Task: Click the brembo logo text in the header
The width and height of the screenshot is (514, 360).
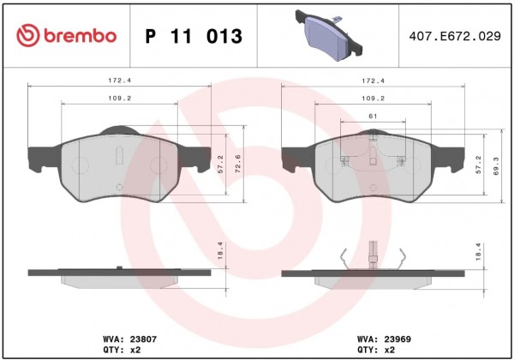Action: pos(80,35)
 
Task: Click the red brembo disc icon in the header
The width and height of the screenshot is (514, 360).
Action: pos(28,35)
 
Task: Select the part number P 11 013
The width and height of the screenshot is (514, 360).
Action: pos(194,36)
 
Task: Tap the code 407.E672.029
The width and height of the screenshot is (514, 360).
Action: pos(455,36)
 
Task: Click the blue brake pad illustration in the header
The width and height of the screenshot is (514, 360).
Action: pos(329,35)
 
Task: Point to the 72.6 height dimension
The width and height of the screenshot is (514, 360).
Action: pos(238,164)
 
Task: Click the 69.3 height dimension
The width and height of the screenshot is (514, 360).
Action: pos(496,166)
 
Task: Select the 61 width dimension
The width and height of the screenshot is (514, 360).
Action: pos(373,116)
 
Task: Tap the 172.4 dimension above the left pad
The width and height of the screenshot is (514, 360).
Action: pos(120,81)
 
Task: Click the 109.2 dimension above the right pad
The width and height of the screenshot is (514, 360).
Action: pos(373,99)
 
